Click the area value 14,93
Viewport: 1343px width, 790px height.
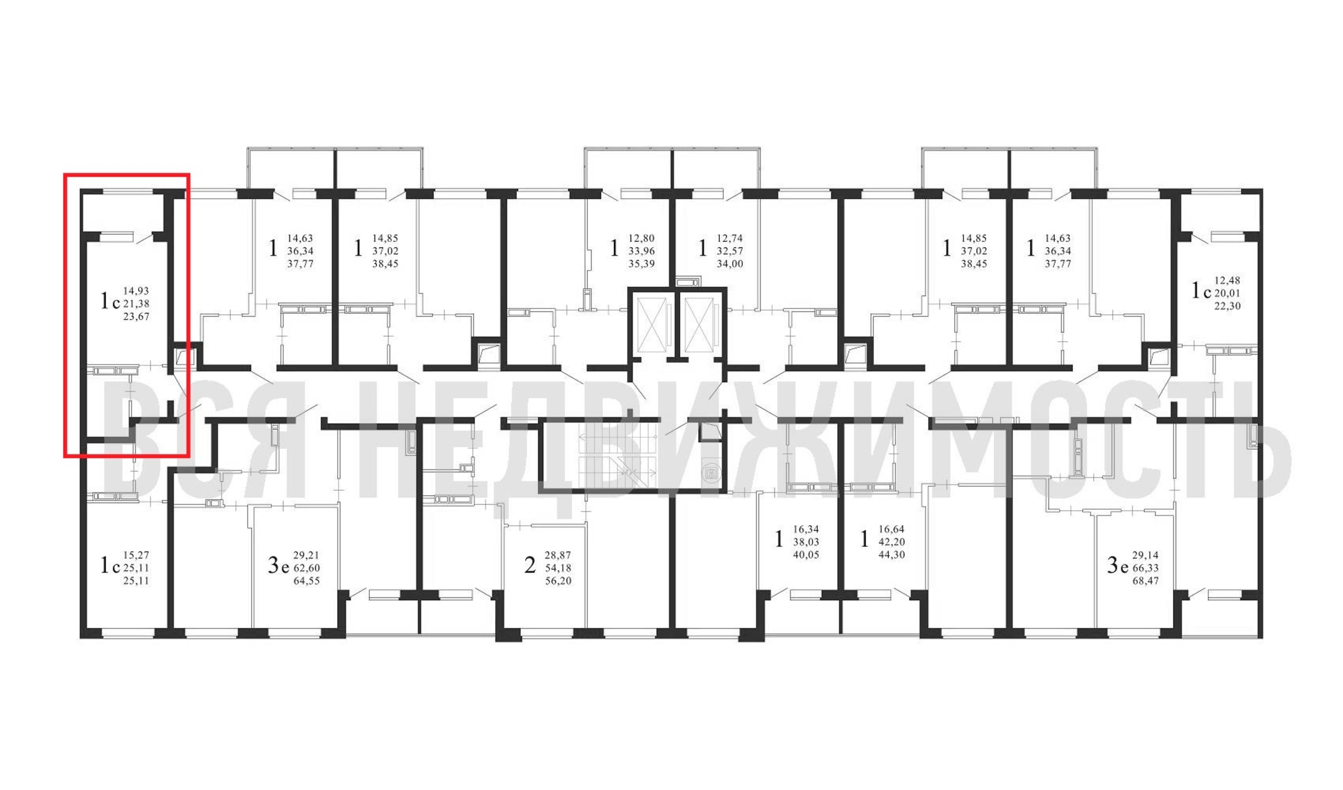click(x=136, y=291)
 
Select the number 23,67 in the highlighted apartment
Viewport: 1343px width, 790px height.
click(x=136, y=317)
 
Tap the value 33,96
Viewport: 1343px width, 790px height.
click(x=641, y=251)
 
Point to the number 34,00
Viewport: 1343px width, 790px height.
click(x=730, y=264)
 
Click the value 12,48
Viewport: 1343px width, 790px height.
click(x=1227, y=280)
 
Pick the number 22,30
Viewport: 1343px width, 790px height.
click(x=1227, y=306)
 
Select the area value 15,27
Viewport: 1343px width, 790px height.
click(x=136, y=555)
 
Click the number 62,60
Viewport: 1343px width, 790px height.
click(x=307, y=568)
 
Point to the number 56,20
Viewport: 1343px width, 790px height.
click(x=558, y=581)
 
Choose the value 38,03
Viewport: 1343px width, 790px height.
click(x=806, y=542)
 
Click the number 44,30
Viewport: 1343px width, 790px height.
click(x=892, y=555)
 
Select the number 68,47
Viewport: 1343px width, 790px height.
click(x=1146, y=581)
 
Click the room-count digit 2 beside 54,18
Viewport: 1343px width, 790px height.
click(x=530, y=565)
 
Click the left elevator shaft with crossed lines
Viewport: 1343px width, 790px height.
click(x=652, y=325)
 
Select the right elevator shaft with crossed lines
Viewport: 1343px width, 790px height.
click(x=699, y=325)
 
